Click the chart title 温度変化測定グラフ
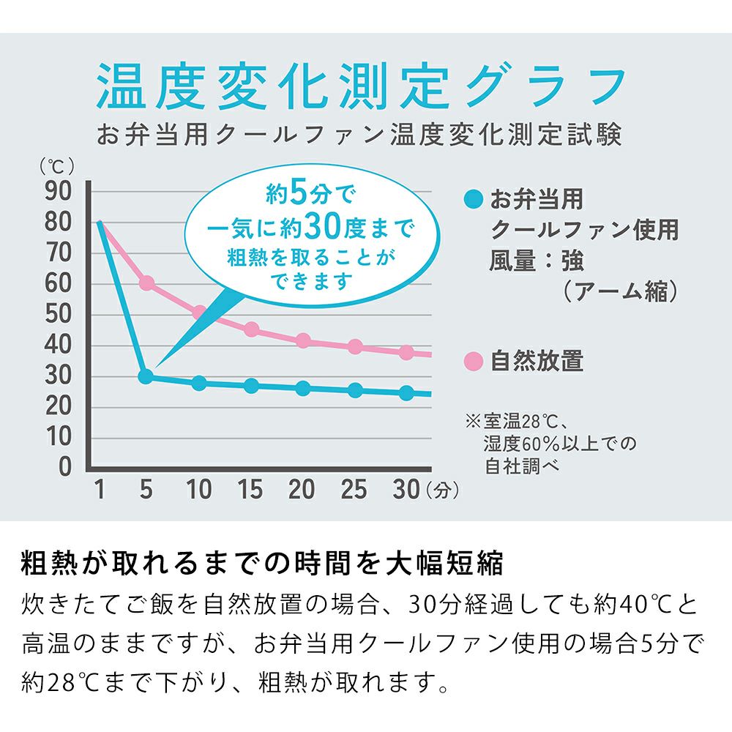click(x=360, y=86)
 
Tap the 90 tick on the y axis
click(x=59, y=192)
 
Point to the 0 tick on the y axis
click(x=65, y=466)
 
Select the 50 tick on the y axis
click(x=59, y=314)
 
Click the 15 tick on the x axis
click(x=250, y=489)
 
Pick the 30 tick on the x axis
click(x=406, y=489)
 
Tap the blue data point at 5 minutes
click(x=146, y=376)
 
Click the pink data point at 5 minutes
click(x=146, y=283)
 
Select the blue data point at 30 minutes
click(x=406, y=393)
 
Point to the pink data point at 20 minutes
click(x=303, y=340)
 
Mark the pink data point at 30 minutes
click(x=406, y=352)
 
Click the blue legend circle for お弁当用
click(x=474, y=198)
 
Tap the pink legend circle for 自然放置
click(x=474, y=361)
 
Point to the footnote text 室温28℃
click(x=520, y=422)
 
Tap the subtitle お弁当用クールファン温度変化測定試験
click(x=359, y=135)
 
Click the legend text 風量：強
click(x=536, y=261)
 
